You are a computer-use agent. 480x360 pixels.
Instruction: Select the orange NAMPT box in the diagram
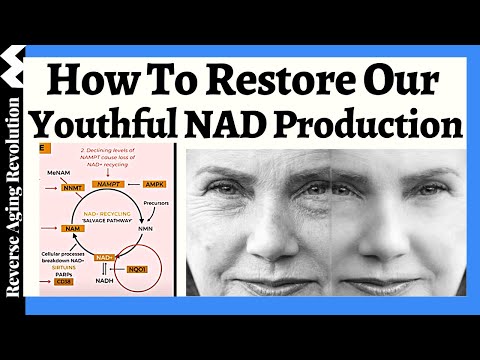[x=108, y=185]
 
